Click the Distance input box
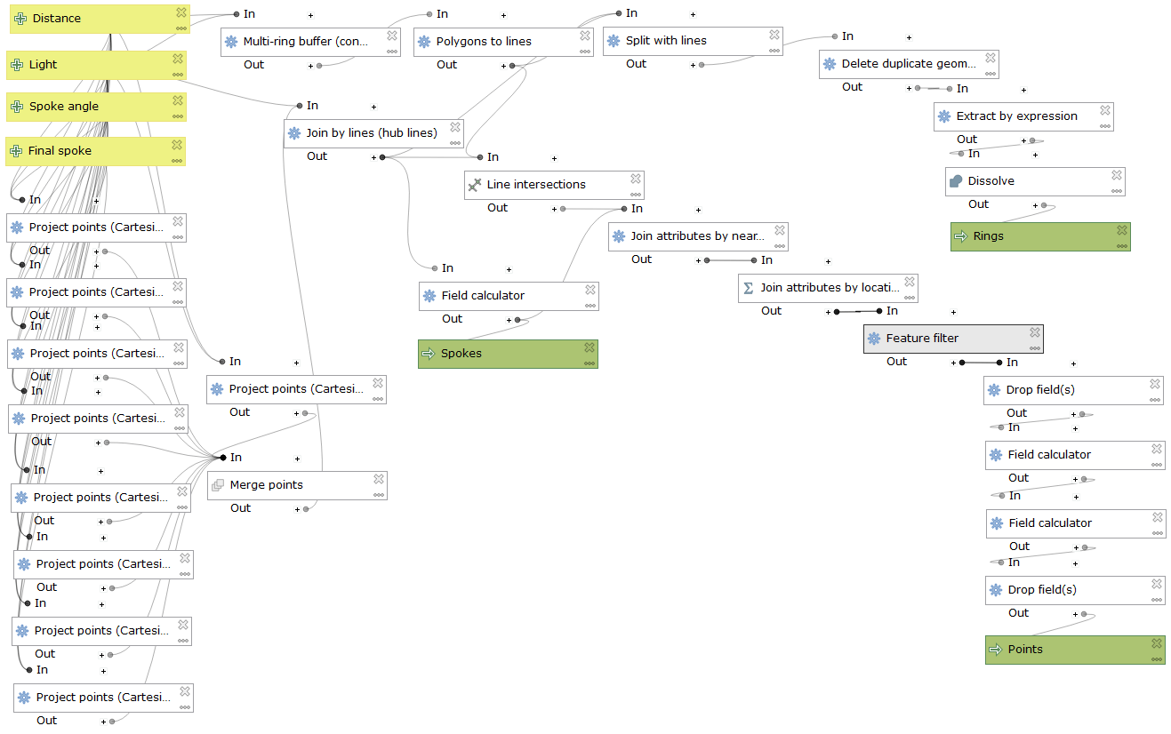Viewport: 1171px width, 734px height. pos(89,19)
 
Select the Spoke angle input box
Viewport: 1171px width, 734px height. pos(89,107)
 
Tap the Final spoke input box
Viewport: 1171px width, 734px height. pos(89,151)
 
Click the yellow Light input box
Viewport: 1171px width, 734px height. pos(89,65)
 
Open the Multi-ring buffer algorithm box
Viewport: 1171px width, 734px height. pos(302,42)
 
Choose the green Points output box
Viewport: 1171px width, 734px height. pos(1067,650)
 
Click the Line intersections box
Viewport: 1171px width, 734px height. pos(547,185)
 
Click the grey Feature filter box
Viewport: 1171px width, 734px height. pos(947,339)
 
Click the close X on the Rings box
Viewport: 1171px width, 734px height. pos(1122,230)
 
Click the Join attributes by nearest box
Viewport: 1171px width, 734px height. pos(694,236)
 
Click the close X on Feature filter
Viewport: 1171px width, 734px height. pos(1035,332)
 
